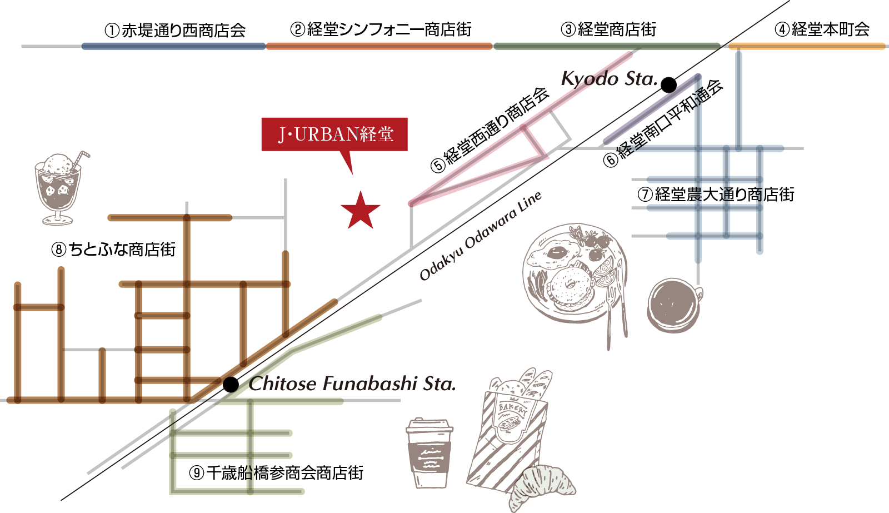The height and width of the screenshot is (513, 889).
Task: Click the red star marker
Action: (x=361, y=211)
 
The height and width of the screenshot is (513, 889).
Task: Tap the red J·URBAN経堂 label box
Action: (x=334, y=134)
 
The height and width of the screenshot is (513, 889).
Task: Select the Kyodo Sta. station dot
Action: (x=668, y=85)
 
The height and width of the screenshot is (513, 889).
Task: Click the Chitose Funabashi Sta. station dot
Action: (x=231, y=384)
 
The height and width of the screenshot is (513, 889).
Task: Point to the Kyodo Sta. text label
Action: (x=608, y=79)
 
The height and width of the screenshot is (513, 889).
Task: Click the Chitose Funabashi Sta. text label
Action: (x=352, y=383)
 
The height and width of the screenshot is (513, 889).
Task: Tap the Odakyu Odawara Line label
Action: (x=480, y=236)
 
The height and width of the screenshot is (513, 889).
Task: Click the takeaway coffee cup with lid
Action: (x=429, y=453)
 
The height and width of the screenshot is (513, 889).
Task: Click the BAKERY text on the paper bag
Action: (x=512, y=409)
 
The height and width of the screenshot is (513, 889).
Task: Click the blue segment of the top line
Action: (x=173, y=46)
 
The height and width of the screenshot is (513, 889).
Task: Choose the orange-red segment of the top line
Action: (x=379, y=46)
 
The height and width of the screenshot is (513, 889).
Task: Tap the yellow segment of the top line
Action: (x=806, y=46)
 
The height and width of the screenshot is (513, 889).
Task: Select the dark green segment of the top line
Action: (x=606, y=46)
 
